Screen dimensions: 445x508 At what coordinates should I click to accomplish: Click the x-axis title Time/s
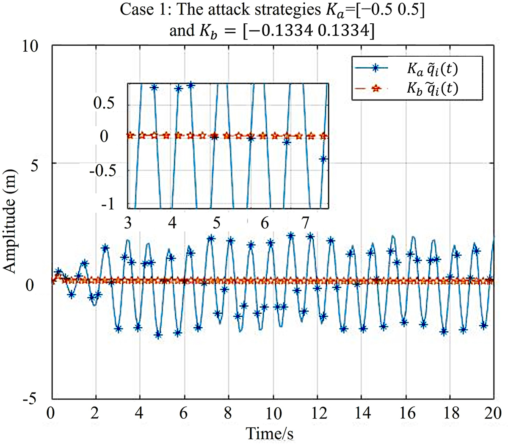[271, 433]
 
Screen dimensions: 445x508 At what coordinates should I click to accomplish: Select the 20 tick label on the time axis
[493, 413]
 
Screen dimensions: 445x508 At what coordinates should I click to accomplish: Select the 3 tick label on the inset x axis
[128, 223]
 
